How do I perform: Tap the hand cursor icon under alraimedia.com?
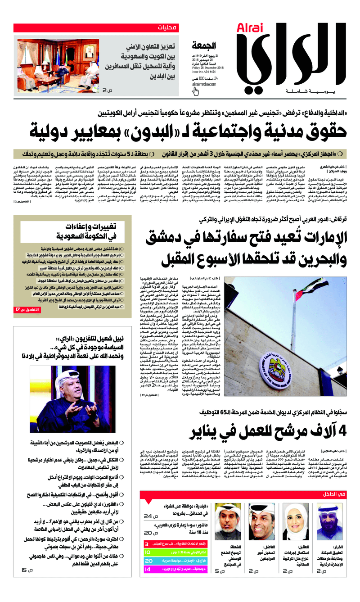196,91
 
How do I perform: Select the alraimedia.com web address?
204,84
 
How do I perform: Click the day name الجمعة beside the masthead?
205,45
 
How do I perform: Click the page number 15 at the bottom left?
25,570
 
